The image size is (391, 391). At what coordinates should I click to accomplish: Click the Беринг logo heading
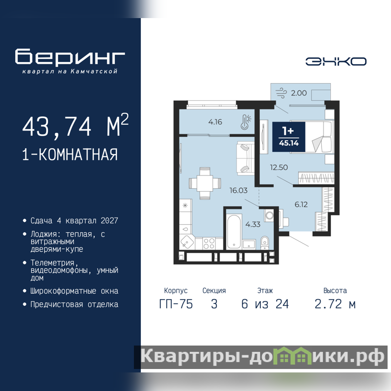[70, 57]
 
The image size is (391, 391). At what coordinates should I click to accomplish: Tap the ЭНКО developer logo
[336, 62]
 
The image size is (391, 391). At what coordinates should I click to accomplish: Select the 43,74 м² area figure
[76, 126]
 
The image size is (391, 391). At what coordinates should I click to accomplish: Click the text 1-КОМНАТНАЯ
[70, 154]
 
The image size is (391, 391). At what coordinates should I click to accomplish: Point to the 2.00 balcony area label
[299, 93]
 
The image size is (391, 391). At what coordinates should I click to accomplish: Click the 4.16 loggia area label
[215, 122]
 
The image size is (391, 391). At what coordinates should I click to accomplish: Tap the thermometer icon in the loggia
[246, 122]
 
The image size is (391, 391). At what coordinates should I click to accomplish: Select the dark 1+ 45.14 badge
[289, 137]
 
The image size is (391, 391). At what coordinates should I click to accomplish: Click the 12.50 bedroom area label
[279, 167]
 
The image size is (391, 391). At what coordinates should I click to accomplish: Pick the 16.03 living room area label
[239, 191]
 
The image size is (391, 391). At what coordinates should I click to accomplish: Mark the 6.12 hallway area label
[301, 205]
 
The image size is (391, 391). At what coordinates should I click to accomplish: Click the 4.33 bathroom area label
[253, 224]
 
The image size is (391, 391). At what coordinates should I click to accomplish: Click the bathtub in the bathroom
[234, 231]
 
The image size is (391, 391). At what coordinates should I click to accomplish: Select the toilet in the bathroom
[264, 242]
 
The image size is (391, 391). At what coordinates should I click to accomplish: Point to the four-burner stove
[209, 243]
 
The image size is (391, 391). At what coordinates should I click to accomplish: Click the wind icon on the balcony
[282, 93]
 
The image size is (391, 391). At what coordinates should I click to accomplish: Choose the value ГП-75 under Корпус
[176, 304]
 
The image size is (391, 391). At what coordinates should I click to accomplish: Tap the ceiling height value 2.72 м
[335, 304]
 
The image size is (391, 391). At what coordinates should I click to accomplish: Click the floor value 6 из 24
[265, 304]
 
